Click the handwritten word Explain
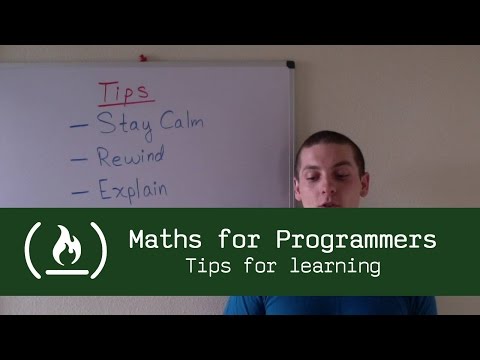[x=132, y=188]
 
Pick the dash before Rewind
[x=80, y=158]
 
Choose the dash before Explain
[x=79, y=189]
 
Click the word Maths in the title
[x=162, y=241]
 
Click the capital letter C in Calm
[x=171, y=124]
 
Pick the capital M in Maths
[x=137, y=241]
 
